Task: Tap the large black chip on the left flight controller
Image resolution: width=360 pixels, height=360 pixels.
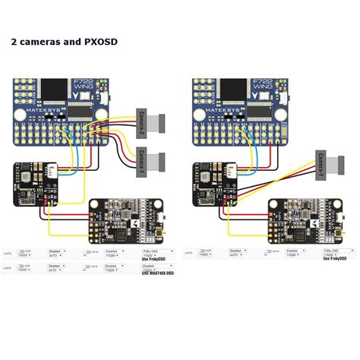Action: (56, 89)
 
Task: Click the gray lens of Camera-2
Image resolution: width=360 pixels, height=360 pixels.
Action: (161, 121)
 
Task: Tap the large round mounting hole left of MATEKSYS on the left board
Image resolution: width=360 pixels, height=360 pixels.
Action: (23, 112)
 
